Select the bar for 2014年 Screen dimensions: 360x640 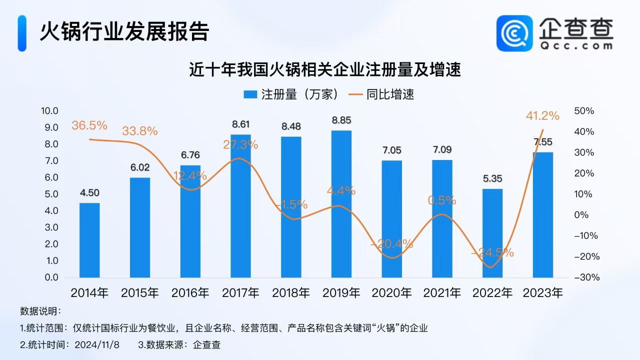(x=89, y=240)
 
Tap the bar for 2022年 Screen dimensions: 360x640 (x=492, y=233)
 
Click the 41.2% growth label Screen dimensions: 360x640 (x=542, y=116)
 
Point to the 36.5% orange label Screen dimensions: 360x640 (x=89, y=125)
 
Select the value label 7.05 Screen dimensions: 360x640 (x=391, y=150)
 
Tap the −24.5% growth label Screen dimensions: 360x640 (x=492, y=252)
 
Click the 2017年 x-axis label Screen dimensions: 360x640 (x=240, y=293)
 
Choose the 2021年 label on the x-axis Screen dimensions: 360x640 (x=442, y=293)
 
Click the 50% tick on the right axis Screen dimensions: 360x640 (x=584, y=111)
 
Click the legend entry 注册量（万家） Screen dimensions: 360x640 (x=292, y=94)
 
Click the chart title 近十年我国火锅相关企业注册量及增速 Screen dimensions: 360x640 (x=324, y=69)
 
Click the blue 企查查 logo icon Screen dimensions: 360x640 (x=514, y=33)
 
